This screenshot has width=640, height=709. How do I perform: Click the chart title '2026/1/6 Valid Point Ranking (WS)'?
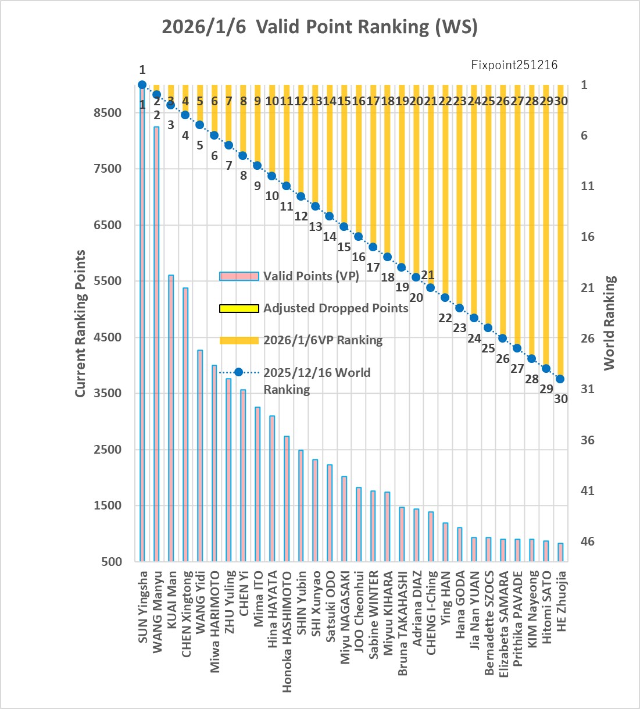319,27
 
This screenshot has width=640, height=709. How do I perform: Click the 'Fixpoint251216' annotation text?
514,65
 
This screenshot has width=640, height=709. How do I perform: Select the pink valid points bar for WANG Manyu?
156,343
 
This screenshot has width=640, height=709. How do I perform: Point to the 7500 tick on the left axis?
108,169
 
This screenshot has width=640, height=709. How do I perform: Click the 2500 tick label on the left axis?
108,450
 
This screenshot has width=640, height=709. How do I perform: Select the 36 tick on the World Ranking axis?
588,440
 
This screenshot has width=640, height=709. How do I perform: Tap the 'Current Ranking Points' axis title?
80,323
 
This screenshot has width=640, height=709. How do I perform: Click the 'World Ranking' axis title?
609,323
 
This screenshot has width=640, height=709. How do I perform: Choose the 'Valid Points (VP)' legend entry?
311,276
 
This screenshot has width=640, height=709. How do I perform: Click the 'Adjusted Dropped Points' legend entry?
335,308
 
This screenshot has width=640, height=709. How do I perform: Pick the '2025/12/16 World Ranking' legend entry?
317,380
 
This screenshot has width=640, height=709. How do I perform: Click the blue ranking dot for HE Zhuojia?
560,379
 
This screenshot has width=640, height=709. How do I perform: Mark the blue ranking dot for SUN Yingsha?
142,85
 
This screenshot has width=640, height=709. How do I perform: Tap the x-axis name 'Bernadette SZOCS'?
489,623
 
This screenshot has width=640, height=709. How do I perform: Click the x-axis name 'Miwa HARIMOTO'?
215,622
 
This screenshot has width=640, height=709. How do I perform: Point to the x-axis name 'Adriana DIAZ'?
417,608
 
